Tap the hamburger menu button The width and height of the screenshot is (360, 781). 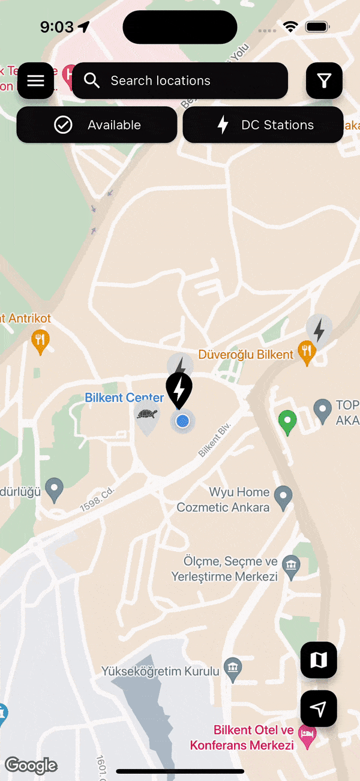(x=36, y=81)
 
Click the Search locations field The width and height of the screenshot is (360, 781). (x=180, y=81)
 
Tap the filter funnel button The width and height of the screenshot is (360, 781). (x=325, y=81)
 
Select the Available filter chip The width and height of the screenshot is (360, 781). (x=97, y=125)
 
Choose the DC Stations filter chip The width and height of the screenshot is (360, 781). (x=263, y=125)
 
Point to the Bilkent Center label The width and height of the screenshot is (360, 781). (x=124, y=398)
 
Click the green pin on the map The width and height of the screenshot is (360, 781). (x=288, y=421)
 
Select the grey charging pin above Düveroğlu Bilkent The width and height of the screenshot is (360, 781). (x=319, y=330)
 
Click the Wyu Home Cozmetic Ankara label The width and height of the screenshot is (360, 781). (x=223, y=500)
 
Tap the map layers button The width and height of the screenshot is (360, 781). (x=319, y=660)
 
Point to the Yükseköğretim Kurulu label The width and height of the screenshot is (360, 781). (x=160, y=671)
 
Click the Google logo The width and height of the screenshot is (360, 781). (x=31, y=765)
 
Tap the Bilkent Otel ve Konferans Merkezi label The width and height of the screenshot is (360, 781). (x=242, y=738)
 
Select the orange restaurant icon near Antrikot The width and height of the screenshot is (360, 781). (x=40, y=341)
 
